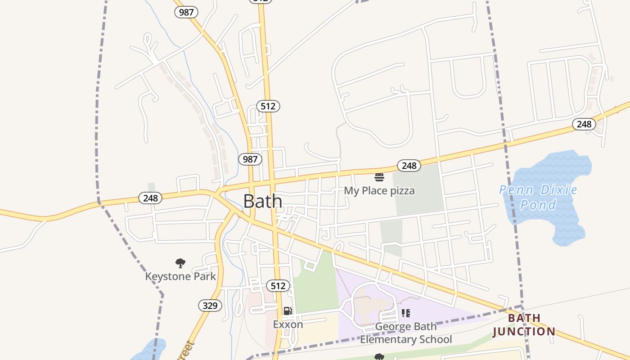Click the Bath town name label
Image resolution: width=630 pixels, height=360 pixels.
tap(263, 201)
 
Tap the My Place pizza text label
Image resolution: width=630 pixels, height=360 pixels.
tap(379, 191)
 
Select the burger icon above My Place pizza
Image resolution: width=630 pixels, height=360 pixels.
tap(379, 177)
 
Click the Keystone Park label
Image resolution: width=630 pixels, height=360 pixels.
tap(180, 276)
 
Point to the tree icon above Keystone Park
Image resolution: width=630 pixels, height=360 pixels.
tap(180, 263)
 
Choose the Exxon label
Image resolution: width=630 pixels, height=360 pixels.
tap(288, 324)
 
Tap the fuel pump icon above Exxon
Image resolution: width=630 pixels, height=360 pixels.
tap(288, 311)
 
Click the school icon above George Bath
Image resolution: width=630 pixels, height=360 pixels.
tap(406, 313)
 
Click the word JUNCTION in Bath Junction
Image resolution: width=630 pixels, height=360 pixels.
tap(524, 332)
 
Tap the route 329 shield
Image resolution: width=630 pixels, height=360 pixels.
tap(210, 306)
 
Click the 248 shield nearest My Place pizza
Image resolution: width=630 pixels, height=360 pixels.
tap(409, 166)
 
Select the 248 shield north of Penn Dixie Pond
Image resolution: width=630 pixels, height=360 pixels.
tap(584, 124)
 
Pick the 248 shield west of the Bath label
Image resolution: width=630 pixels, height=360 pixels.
tap(150, 198)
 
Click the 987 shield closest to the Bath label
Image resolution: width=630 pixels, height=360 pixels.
tap(250, 159)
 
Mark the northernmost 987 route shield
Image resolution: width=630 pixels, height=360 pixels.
tap(186, 12)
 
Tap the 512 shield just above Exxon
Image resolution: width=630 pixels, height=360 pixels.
tap(278, 286)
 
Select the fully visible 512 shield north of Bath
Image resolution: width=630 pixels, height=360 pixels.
tap(268, 106)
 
